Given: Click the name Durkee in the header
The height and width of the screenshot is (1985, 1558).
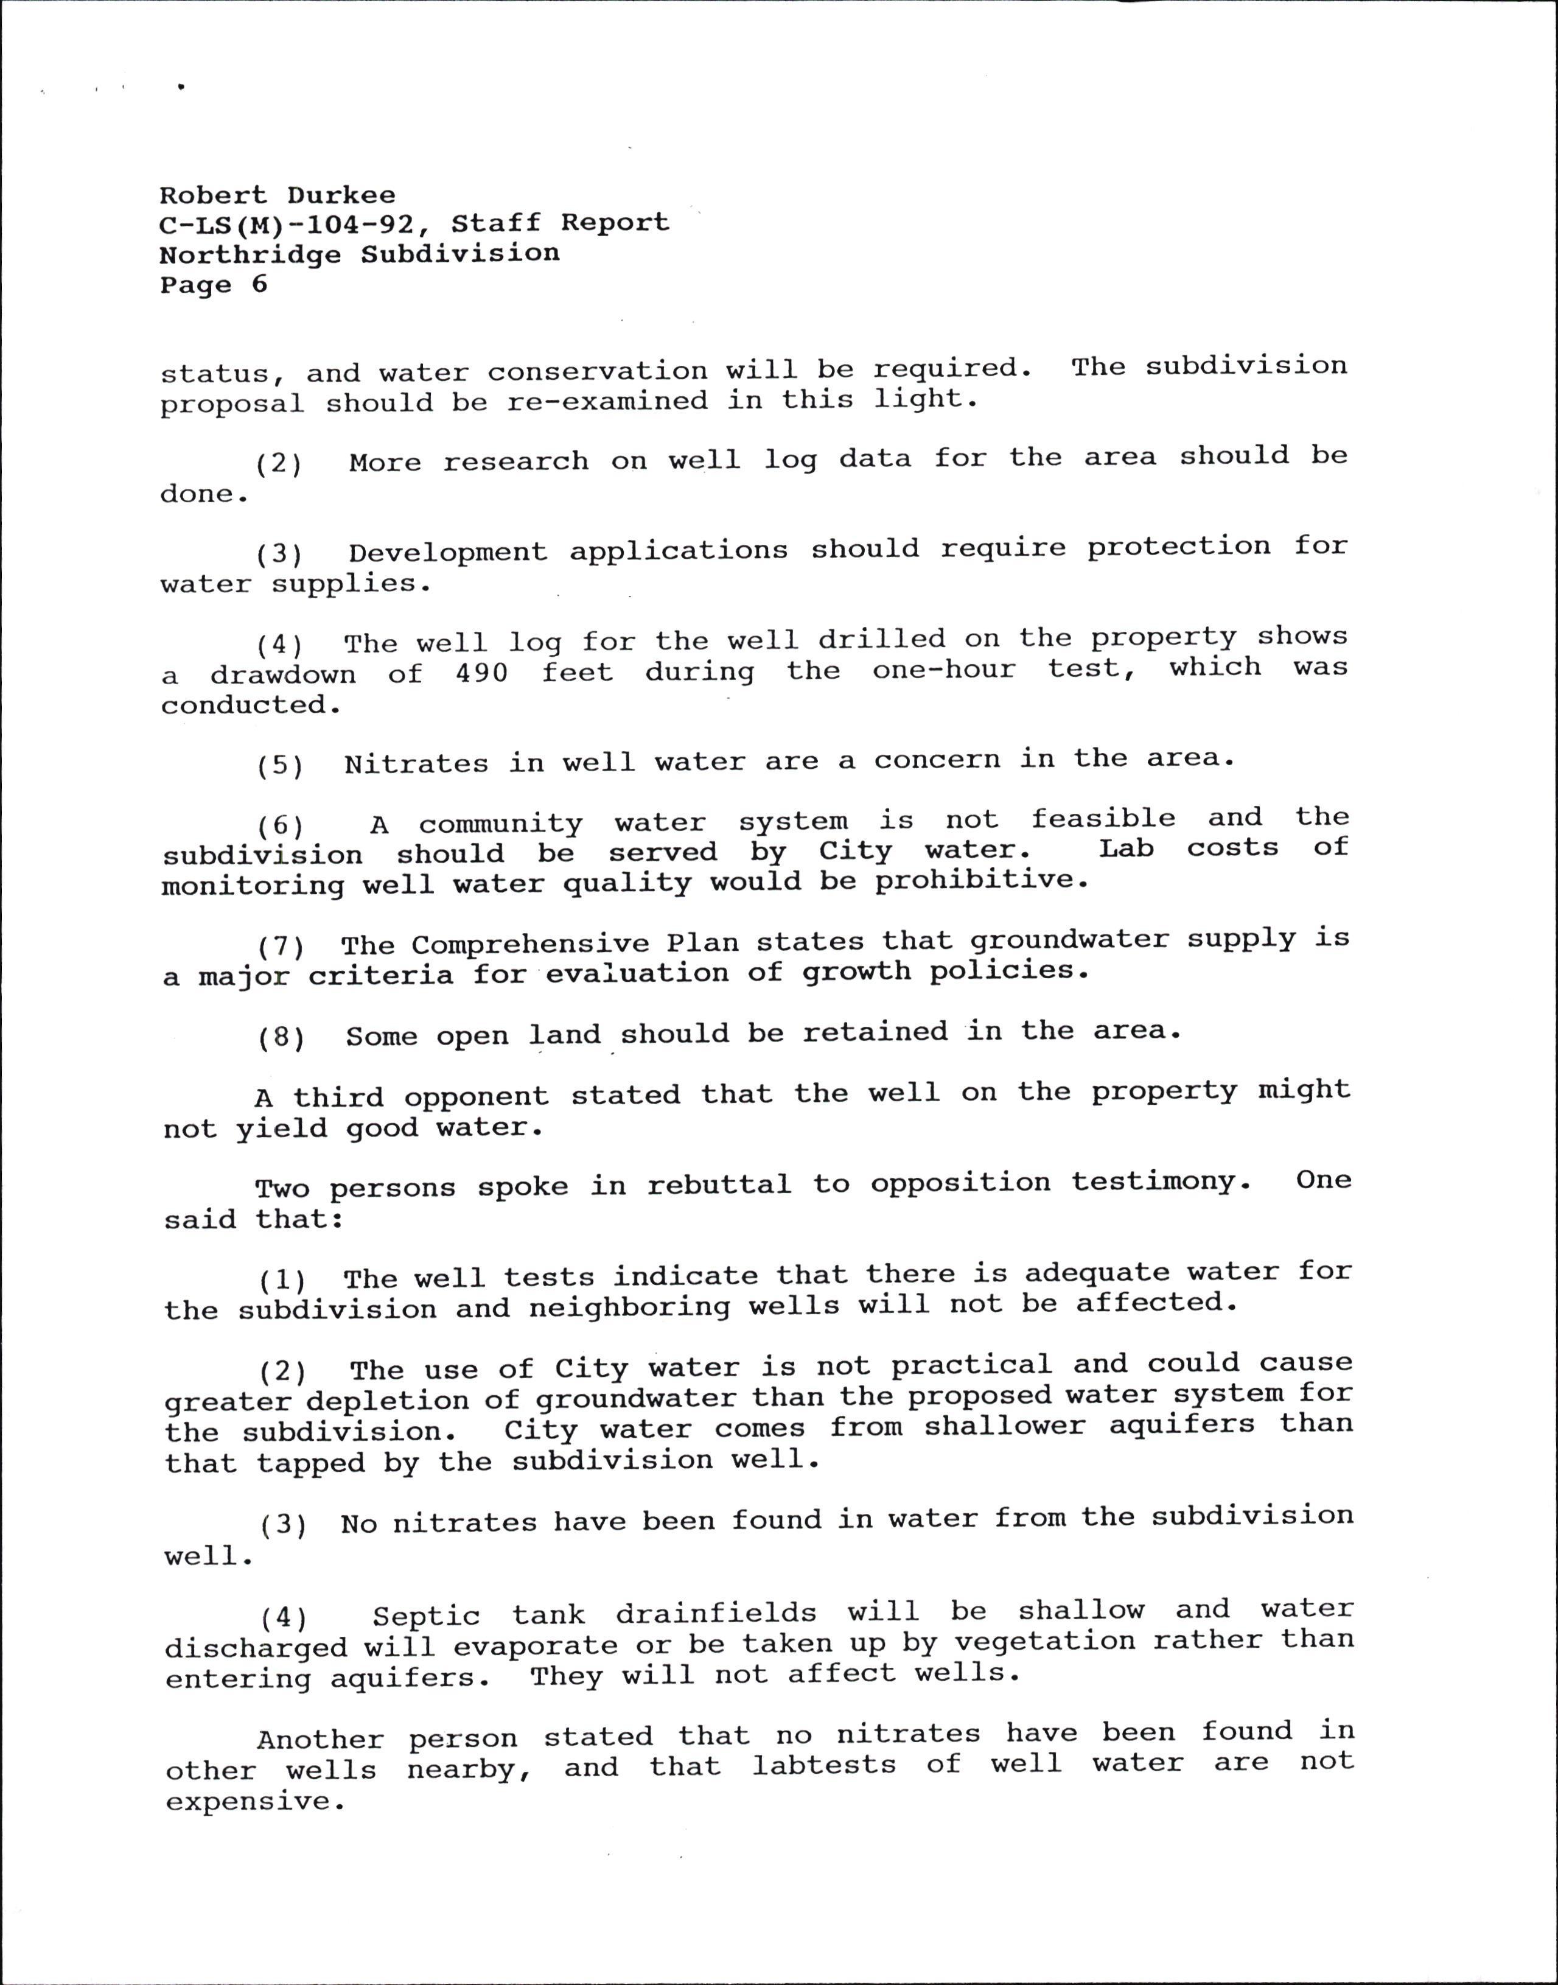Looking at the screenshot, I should pyautogui.click(x=341, y=195).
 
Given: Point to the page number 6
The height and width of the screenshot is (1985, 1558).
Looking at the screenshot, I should pyautogui.click(x=260, y=285).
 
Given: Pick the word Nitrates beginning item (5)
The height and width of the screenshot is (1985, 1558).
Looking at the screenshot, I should pyautogui.click(x=416, y=763).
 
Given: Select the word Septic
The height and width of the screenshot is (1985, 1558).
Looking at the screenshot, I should pyautogui.click(x=426, y=1617).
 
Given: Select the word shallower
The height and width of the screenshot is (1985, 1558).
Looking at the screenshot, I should pyautogui.click(x=1004, y=1427).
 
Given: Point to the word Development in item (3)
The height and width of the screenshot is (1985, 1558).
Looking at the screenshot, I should pyautogui.click(x=448, y=553).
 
